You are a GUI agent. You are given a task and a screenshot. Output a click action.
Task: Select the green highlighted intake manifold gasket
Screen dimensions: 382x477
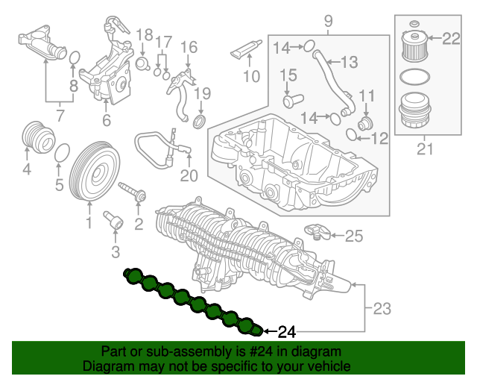[192, 301]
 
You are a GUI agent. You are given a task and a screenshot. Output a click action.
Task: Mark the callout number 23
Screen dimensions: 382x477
[381, 307]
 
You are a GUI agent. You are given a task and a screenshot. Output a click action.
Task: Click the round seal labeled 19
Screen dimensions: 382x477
[200, 122]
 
